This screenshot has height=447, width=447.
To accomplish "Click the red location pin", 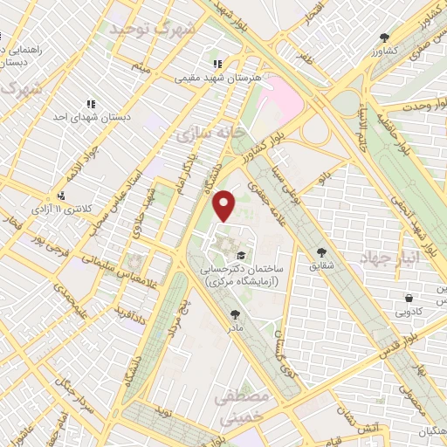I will click(x=224, y=204).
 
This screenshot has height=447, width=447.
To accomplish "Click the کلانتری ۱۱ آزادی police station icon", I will click(x=60, y=196).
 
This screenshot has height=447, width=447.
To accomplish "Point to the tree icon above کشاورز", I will click(x=384, y=38).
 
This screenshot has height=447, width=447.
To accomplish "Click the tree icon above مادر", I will click(x=234, y=314).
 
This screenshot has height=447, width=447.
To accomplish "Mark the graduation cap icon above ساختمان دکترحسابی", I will click(x=240, y=254).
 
